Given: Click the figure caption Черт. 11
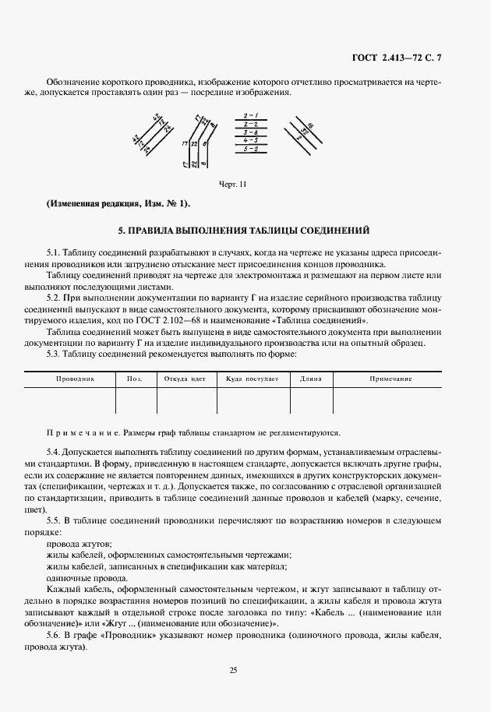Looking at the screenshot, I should tap(233, 184).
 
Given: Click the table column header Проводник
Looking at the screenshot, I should tap(75, 379).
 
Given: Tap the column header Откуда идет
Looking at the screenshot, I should tap(185, 379).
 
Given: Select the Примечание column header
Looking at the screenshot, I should tap(390, 379).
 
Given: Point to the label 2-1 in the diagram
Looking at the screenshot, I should tap(251, 115).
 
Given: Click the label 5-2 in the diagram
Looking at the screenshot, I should tap(251, 148).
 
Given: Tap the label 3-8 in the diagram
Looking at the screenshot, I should tap(251, 132).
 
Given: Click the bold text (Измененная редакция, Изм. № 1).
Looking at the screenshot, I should tap(118, 204).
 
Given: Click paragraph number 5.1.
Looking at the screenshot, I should tap(53, 253).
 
